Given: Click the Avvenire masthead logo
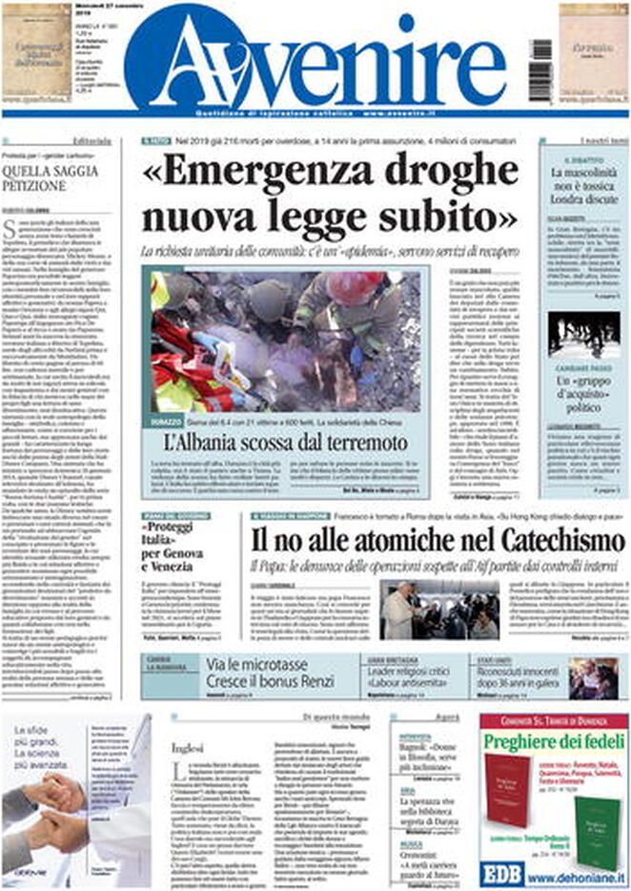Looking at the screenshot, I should click(315, 59).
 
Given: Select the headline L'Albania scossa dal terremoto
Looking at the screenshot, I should click(287, 442).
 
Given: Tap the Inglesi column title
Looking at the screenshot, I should click(188, 748).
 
